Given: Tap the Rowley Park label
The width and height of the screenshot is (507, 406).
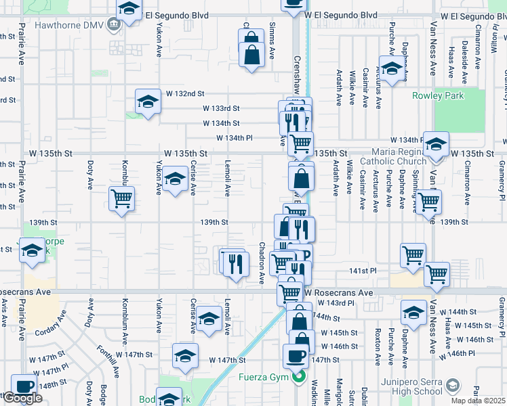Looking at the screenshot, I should click(x=438, y=95).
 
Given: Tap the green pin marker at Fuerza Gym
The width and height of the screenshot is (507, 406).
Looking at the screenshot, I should click(x=296, y=377).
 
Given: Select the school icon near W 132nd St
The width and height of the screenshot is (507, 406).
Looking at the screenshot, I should click(x=146, y=101).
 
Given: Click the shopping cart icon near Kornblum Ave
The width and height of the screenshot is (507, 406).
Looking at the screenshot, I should click(x=122, y=199).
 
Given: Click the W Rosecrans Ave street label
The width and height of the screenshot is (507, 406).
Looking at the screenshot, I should click(x=339, y=292).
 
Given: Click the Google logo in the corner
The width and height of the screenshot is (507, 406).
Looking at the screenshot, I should click(x=22, y=398).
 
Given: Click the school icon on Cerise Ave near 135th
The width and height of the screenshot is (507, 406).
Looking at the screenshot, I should click(x=175, y=181).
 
